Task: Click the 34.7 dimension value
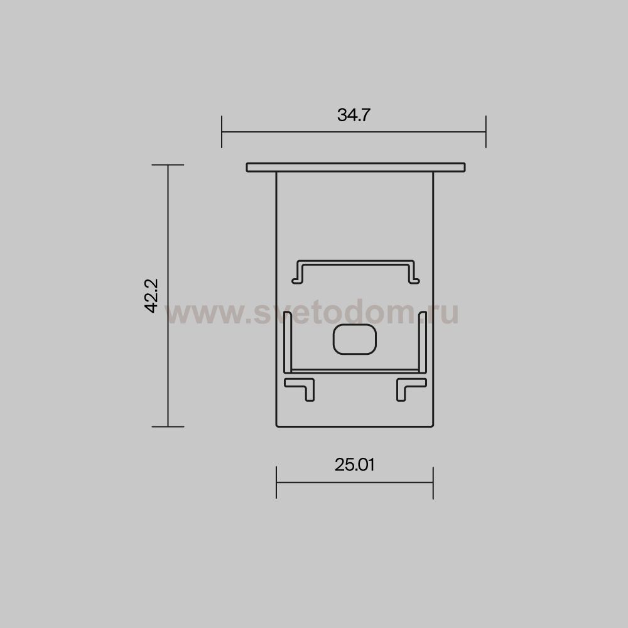[354, 115]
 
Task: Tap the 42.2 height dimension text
[151, 296]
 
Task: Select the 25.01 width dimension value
[354, 465]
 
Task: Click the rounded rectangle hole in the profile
[355, 340]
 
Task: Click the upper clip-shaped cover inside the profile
[355, 263]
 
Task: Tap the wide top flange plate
[355, 168]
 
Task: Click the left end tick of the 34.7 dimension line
[222, 132]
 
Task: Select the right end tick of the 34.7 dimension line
[486, 132]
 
